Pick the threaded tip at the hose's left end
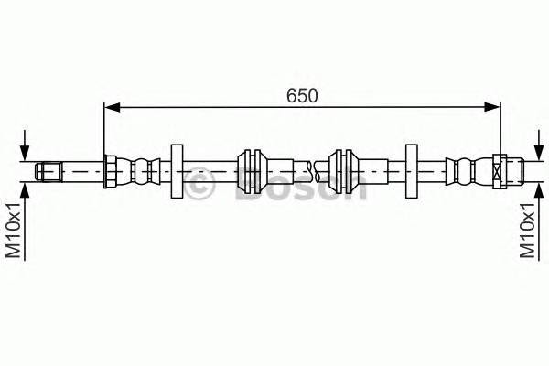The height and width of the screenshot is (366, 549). click(48, 170)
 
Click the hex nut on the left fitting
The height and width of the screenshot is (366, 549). click(110, 170)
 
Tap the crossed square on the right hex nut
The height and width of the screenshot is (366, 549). click(499, 170)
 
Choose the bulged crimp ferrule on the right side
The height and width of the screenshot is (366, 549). click(462, 170)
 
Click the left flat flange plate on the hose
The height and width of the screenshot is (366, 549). click(177, 170)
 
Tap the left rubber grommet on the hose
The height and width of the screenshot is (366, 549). click(249, 170)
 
